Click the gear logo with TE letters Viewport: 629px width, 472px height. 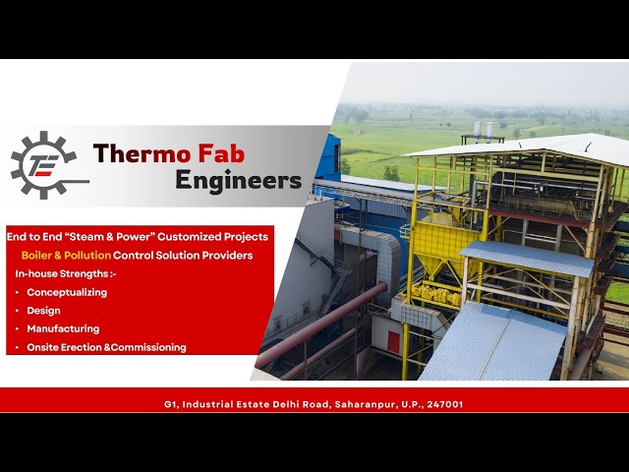(x=44, y=165)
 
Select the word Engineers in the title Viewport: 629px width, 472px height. (x=238, y=180)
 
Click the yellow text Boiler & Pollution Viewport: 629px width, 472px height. (x=66, y=256)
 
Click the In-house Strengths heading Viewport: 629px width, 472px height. (x=66, y=273)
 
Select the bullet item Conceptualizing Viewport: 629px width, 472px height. (x=67, y=293)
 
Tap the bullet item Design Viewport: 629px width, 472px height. (x=43, y=311)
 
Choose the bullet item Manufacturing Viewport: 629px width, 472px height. (x=63, y=328)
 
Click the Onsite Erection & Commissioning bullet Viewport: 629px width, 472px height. (x=106, y=347)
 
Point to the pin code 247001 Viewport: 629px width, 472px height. (x=445, y=404)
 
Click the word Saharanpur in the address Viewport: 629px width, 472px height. (x=365, y=404)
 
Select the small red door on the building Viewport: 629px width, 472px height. (x=394, y=342)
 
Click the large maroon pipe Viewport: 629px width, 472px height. (x=321, y=325)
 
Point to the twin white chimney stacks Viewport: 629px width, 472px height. (x=484, y=130)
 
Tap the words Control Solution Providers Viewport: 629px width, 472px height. (x=183, y=256)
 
